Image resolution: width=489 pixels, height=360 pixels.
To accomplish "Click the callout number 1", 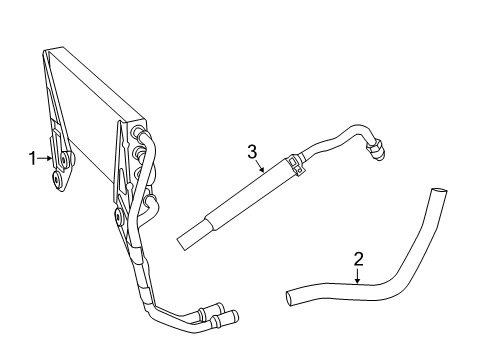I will (32, 156).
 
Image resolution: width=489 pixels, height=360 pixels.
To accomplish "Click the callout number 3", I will (253, 151).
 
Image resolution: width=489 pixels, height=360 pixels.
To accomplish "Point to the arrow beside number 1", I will (45, 156).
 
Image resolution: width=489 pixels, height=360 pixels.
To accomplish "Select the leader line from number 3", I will (259, 166).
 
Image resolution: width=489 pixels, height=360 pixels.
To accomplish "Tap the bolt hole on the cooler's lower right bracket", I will (119, 214).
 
